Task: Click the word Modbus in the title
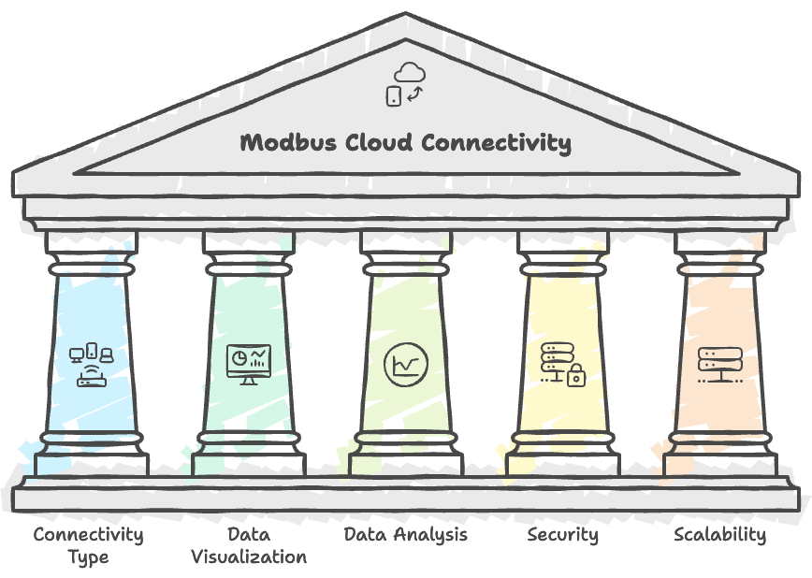coord(283,143)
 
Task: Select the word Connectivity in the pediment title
coord(495,143)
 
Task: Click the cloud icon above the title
coord(409,72)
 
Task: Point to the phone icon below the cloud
coord(394,94)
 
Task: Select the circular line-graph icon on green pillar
coord(406,363)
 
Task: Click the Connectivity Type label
coord(89,545)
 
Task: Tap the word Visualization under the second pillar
coord(249,557)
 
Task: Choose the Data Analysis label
coord(406,535)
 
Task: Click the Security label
coord(562,535)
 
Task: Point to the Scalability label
coord(719,535)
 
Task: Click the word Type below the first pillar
coord(89,557)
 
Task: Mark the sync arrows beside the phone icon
coord(416,94)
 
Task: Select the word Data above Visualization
coord(249,535)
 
